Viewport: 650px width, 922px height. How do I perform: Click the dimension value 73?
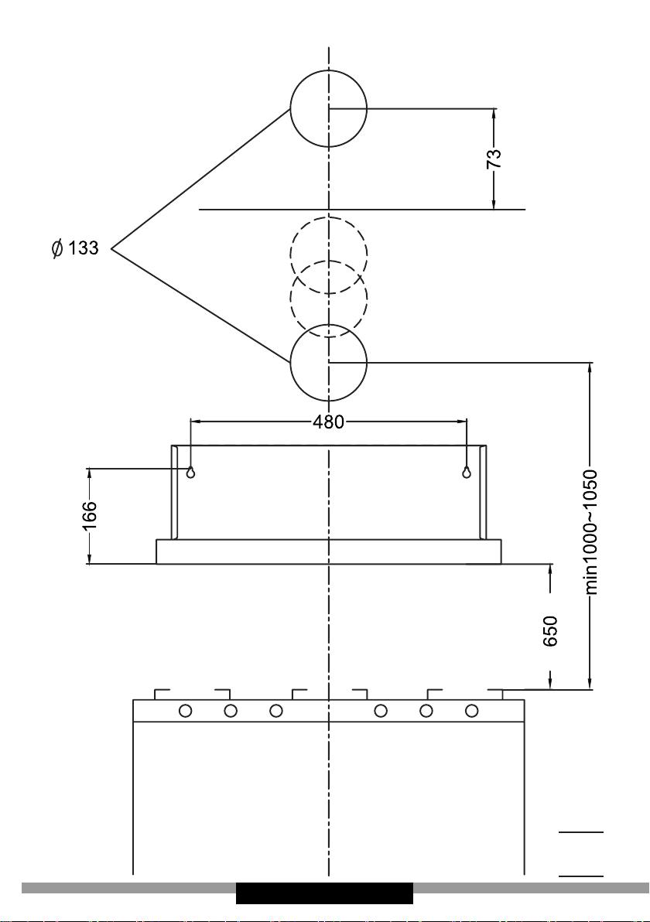494,159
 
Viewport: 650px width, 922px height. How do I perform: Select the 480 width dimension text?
328,422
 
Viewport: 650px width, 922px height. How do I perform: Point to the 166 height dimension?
89,516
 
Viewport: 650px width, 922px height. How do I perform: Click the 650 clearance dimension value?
550,630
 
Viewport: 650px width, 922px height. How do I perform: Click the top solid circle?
328,109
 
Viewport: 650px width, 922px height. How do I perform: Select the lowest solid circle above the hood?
328,362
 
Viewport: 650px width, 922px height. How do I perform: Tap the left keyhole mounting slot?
190,472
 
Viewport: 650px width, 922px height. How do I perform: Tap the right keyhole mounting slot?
467,472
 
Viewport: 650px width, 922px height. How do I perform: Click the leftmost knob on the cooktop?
185,711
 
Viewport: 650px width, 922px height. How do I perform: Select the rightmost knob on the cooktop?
471,711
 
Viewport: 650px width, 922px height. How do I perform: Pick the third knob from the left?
276,711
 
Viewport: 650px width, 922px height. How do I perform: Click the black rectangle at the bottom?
324,893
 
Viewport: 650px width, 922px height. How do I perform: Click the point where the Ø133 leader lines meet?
111,249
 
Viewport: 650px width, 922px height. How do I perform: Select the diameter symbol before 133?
57,249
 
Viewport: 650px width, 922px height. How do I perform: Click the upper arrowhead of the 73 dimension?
494,114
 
